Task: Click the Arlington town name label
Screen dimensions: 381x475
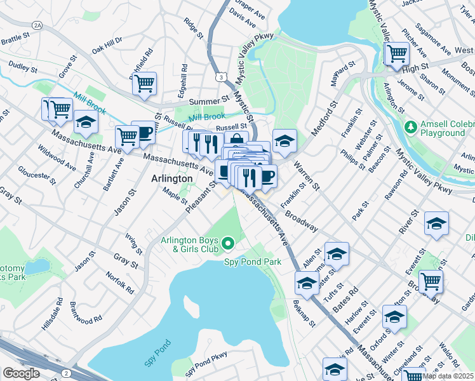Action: point(172,179)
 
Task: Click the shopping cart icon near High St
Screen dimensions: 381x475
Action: point(397,53)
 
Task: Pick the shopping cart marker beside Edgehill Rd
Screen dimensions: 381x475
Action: point(145,83)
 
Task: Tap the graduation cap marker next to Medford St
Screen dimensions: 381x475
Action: point(285,140)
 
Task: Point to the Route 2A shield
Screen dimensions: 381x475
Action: point(37,25)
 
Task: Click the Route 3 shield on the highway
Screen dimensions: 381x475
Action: point(220,76)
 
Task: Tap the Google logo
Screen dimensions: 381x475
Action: point(21,373)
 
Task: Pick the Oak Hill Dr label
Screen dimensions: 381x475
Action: point(107,48)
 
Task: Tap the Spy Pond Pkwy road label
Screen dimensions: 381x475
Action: point(206,368)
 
